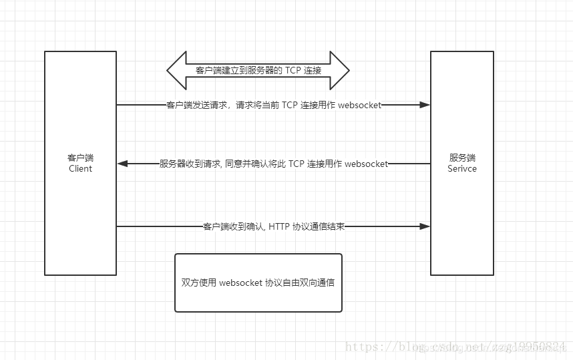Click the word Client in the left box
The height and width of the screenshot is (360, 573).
(x=80, y=169)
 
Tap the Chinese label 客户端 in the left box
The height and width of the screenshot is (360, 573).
(x=80, y=158)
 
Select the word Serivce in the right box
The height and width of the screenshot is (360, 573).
(x=462, y=169)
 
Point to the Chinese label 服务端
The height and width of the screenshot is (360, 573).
(x=462, y=158)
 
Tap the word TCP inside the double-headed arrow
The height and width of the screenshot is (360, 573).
(x=295, y=70)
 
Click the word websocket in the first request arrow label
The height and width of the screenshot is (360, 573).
(x=360, y=105)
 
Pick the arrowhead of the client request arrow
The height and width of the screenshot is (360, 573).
(x=424, y=105)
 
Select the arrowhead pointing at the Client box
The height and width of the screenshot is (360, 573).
(x=123, y=164)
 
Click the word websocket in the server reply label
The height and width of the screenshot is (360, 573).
(x=367, y=164)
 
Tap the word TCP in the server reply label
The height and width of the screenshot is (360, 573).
(x=297, y=164)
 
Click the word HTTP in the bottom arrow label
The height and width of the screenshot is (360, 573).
(x=280, y=226)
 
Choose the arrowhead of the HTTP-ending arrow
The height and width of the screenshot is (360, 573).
(x=424, y=226)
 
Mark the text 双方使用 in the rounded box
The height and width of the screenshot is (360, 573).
(x=198, y=283)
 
